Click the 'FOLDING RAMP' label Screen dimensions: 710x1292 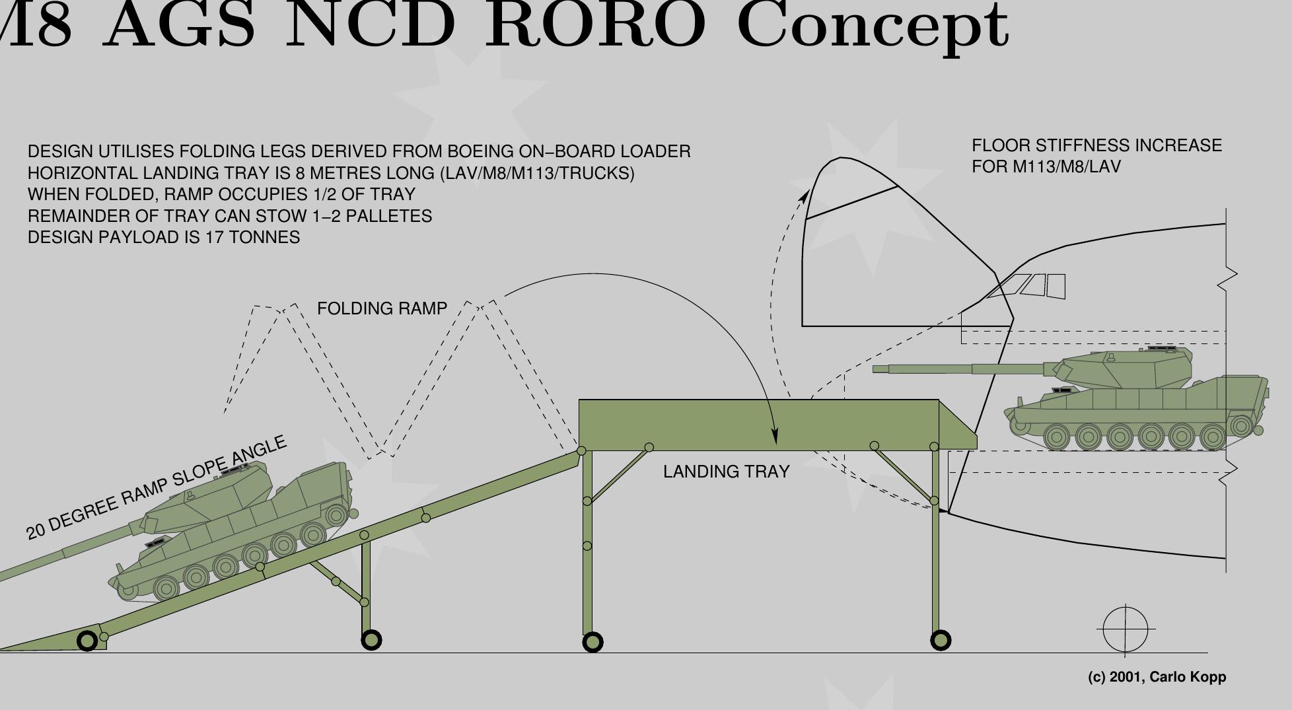click(382, 308)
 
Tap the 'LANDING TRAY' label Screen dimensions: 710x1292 click(726, 472)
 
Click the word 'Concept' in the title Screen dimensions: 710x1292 click(872, 26)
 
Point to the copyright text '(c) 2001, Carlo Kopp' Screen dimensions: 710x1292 click(1157, 677)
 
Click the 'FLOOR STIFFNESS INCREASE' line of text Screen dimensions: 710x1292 click(1096, 146)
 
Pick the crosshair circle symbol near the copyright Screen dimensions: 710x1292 click(1126, 630)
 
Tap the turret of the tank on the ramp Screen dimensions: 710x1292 click(211, 492)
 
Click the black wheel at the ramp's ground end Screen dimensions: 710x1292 click(87, 641)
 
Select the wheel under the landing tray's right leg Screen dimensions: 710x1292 click(941, 640)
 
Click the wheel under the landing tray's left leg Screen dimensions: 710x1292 click(592, 642)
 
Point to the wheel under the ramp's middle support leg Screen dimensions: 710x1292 click(371, 639)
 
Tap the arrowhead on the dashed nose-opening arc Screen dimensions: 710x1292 click(804, 196)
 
